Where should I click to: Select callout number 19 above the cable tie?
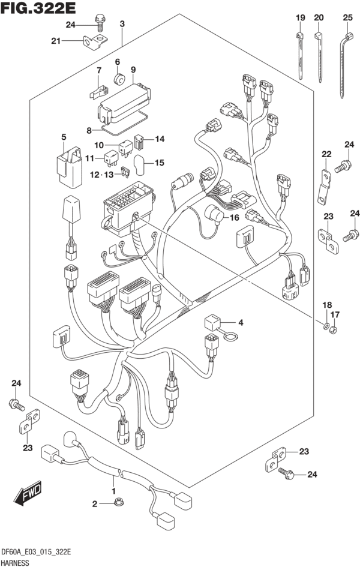point(299,18)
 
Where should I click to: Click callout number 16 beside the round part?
point(233,217)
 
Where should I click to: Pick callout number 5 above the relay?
point(63,137)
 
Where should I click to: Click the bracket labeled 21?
point(92,43)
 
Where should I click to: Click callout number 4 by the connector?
point(241,323)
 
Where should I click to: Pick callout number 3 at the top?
point(122,24)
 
